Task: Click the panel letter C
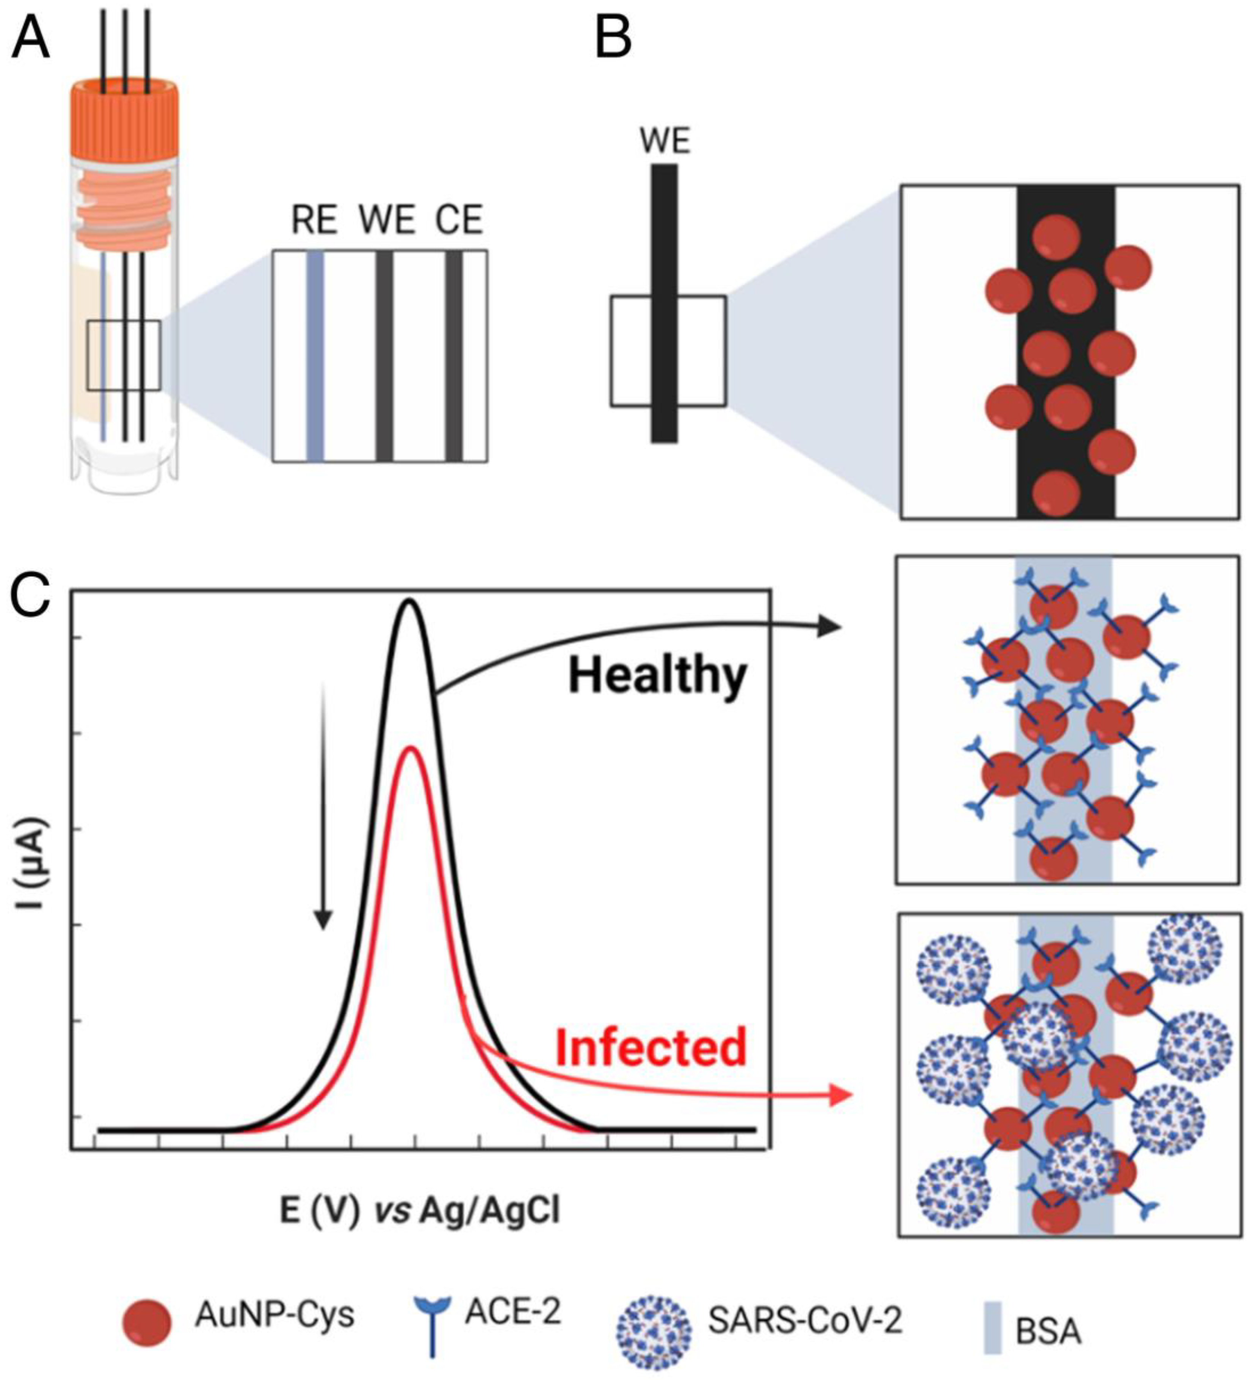tap(31, 594)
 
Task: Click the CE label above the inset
tap(459, 220)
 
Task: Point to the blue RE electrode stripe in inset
tap(315, 356)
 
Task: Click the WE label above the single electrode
tap(665, 142)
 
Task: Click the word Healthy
tap(657, 676)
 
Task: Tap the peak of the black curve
tap(410, 601)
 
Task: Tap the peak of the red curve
tap(410, 747)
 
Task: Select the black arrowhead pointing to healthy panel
tap(830, 626)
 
